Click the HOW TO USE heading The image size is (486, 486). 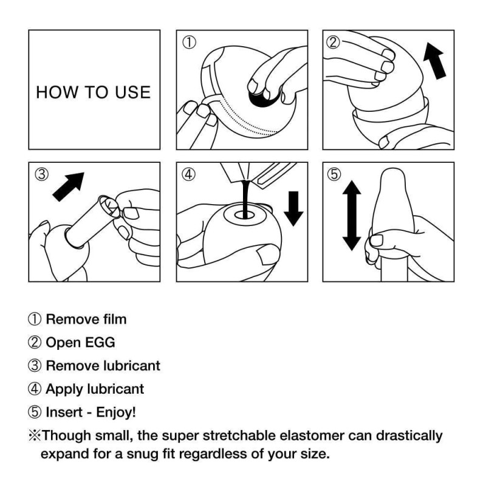point(93,92)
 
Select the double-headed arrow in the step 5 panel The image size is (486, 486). point(351,216)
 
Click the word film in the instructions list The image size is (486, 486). point(114,318)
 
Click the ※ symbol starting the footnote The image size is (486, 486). point(34,436)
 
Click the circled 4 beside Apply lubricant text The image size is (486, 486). point(35,389)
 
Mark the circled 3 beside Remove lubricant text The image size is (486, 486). point(35,366)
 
